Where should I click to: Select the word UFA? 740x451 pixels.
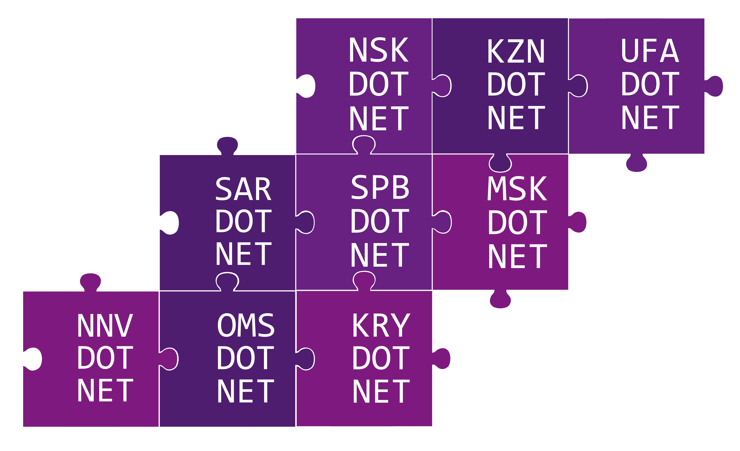pyautogui.click(x=650, y=50)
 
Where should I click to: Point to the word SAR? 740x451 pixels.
pyautogui.click(x=243, y=189)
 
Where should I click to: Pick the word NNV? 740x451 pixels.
pyautogui.click(x=105, y=325)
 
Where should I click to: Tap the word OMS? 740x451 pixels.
pyautogui.click(x=246, y=325)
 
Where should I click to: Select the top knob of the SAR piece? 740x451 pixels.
pyautogui.click(x=227, y=146)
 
